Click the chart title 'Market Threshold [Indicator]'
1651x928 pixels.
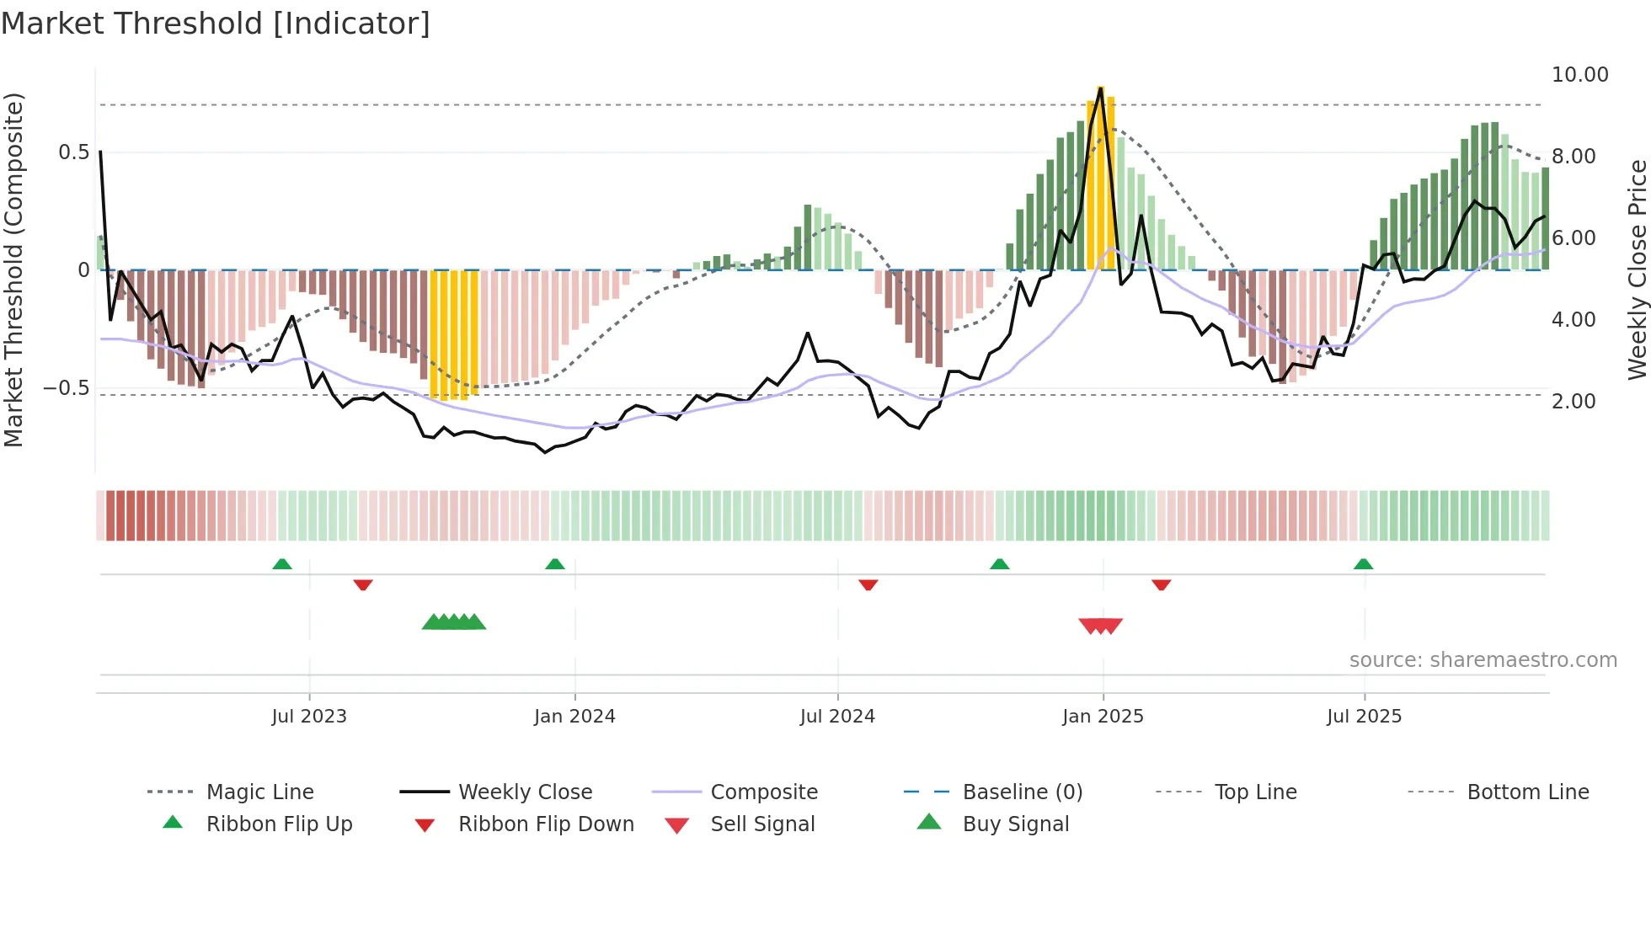tap(216, 24)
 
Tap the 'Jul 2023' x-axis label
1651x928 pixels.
tap(309, 717)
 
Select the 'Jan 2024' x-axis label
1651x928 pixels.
tap(574, 717)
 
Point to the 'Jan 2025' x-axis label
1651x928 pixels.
tap(1103, 717)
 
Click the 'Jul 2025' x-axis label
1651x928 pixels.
tap(1364, 717)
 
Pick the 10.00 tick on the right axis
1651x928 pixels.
tap(1579, 75)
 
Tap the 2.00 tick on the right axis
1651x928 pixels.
tap(1574, 402)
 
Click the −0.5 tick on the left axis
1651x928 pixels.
tap(67, 388)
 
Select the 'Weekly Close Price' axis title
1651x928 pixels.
tap(1637, 269)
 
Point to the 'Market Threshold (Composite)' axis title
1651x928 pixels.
tap(13, 269)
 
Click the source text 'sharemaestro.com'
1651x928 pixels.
tap(1483, 660)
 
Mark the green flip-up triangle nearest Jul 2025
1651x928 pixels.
tap(1363, 564)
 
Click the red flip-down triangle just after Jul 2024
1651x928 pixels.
tap(868, 584)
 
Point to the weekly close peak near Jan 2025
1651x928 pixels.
tap(1101, 88)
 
